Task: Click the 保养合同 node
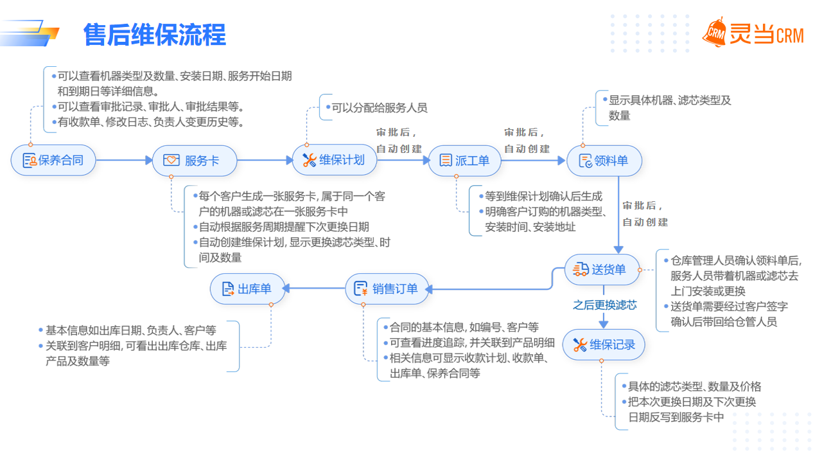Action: tap(53, 160)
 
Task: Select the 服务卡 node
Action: tap(195, 161)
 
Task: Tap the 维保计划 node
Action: tap(335, 160)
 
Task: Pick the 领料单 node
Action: tap(604, 161)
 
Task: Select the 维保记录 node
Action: tap(603, 345)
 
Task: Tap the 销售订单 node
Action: tap(386, 289)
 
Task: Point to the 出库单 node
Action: tap(248, 289)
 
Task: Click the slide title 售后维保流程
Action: tap(155, 35)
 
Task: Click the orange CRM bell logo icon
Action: tap(714, 32)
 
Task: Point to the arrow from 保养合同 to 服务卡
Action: tap(123, 160)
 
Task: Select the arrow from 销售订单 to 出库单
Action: tap(315, 289)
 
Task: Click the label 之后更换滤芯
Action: tap(604, 305)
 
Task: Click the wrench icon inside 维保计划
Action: tap(309, 160)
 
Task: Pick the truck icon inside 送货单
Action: tap(581, 270)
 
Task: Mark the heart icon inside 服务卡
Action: tap(171, 161)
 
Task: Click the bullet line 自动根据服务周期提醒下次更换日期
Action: tap(283, 227)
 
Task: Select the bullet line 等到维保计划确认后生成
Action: tap(543, 196)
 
